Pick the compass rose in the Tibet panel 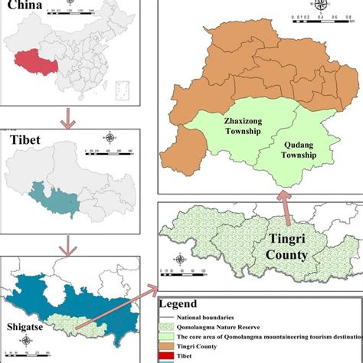pos(111,138)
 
